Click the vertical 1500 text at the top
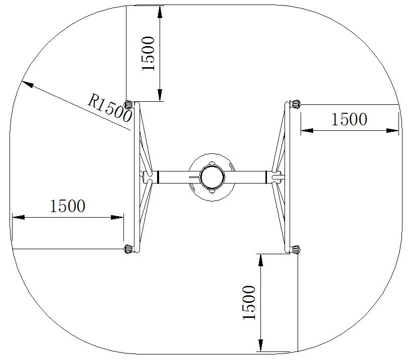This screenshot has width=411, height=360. pyautogui.click(x=150, y=53)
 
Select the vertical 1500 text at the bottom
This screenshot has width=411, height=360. pyautogui.click(x=249, y=303)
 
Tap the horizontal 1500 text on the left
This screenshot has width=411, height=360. pyautogui.click(x=68, y=206)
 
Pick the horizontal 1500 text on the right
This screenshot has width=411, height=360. pyautogui.click(x=349, y=119)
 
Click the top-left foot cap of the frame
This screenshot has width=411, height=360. pyautogui.click(x=129, y=104)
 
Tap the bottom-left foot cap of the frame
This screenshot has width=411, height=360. pyautogui.click(x=128, y=249)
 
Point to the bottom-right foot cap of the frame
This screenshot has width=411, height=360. pyautogui.click(x=295, y=249)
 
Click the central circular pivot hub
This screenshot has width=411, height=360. pyautogui.click(x=212, y=176)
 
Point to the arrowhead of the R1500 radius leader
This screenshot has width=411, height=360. pyautogui.click(x=28, y=85)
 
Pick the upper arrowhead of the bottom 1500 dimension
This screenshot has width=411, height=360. pyautogui.click(x=260, y=260)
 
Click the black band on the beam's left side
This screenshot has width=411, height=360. pyautogui.click(x=158, y=176)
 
